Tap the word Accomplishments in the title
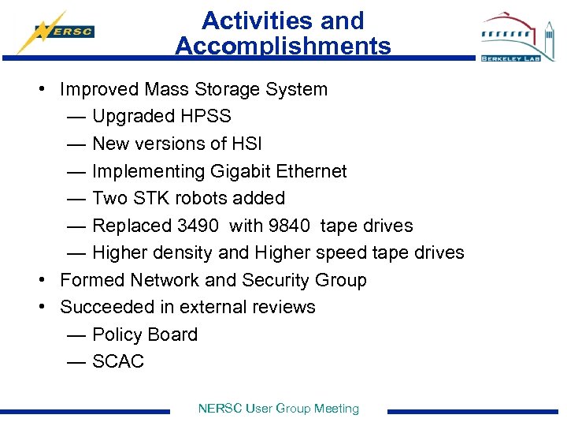(x=283, y=47)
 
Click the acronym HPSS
(x=206, y=117)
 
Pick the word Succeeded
(x=103, y=307)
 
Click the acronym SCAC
(x=118, y=361)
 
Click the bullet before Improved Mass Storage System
(x=40, y=89)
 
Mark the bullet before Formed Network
(x=40, y=280)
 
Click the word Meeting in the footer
(x=336, y=409)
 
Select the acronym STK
(x=157, y=198)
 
